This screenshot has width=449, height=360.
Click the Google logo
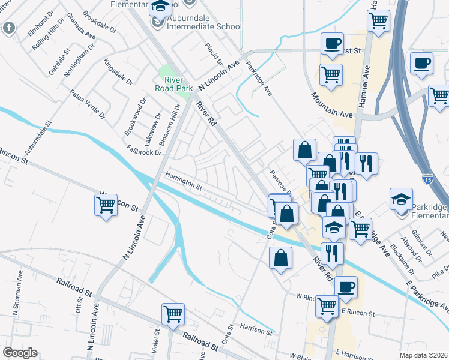20,352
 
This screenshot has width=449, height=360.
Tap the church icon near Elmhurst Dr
9,28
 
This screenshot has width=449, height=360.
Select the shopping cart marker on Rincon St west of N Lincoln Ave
106,205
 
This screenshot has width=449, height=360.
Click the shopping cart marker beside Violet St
173,314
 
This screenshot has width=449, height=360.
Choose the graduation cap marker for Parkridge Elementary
401,199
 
